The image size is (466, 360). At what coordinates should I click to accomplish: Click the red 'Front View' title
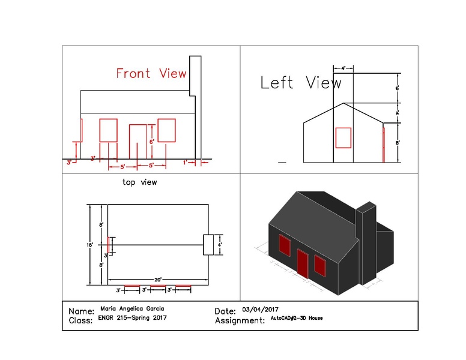pos(151,74)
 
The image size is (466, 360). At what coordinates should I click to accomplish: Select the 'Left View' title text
pos(300,83)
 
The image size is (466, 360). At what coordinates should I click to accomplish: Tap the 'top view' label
pos(139,181)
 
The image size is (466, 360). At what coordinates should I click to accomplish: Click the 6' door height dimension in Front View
pos(152,142)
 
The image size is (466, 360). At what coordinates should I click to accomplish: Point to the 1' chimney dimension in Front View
pos(186,162)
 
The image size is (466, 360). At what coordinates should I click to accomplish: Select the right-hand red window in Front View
pos(166,131)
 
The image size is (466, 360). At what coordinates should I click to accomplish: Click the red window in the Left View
pos(343,137)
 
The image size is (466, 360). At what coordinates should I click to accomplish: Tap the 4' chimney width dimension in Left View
pos(343,68)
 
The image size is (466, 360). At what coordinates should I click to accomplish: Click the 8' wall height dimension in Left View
pos(398,143)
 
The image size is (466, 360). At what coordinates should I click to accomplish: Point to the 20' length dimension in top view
pos(157,280)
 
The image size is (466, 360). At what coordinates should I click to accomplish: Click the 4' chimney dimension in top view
pos(220,245)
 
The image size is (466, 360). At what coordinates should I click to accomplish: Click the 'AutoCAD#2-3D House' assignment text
pos(296,319)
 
